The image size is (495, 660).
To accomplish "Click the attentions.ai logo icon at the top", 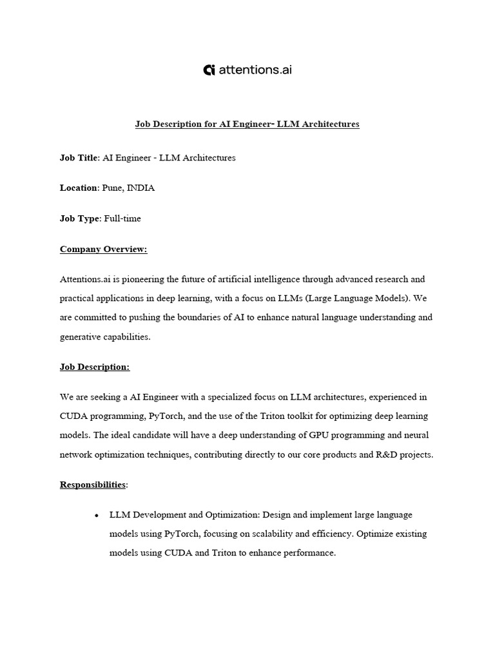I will click(209, 70).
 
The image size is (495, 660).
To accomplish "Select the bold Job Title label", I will click(79, 158).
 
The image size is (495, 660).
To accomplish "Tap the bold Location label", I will click(79, 188).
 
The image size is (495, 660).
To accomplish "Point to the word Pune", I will click(113, 188).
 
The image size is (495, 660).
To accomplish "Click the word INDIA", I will click(141, 188).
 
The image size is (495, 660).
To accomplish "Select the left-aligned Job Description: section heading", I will click(95, 367).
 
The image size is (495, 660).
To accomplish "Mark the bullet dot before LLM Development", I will click(96, 516).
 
